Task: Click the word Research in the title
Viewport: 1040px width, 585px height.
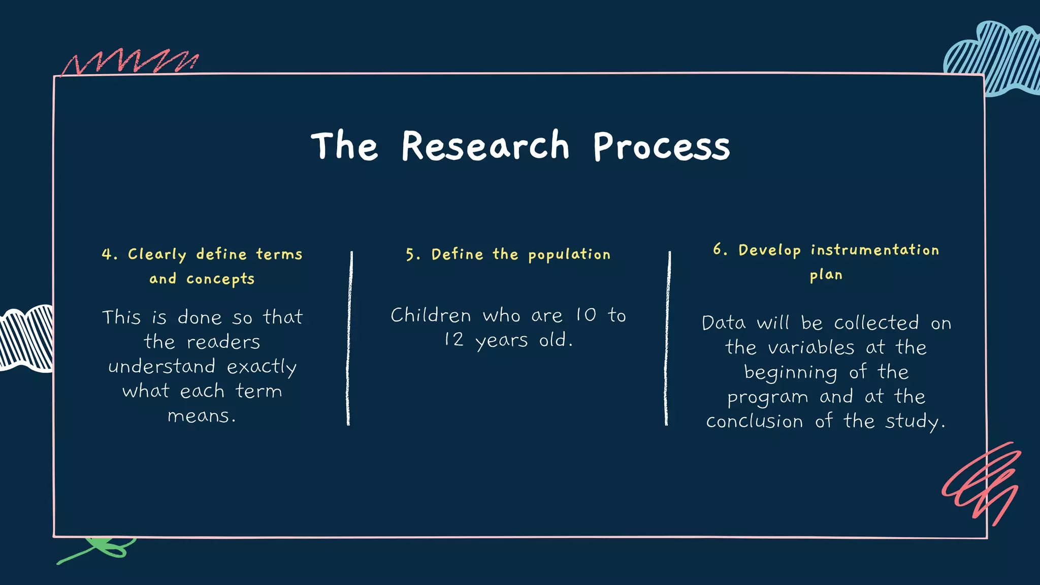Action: pyautogui.click(x=485, y=146)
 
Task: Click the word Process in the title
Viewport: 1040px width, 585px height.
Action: pyautogui.click(x=661, y=147)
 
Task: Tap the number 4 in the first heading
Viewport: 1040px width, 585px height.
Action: pyautogui.click(x=107, y=254)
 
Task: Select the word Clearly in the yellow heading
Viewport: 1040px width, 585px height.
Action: pyautogui.click(x=157, y=254)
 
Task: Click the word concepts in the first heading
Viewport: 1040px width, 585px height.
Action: pyautogui.click(x=220, y=279)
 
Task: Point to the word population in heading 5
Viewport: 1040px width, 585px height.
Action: pyautogui.click(x=569, y=254)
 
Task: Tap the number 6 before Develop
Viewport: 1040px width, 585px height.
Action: pyautogui.click(x=717, y=249)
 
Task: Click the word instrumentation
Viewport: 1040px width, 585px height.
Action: pyautogui.click(x=874, y=250)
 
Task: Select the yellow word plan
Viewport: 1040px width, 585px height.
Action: pyautogui.click(x=826, y=275)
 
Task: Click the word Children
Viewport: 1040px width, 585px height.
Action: pyautogui.click(x=431, y=315)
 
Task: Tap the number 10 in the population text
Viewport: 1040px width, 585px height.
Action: pyautogui.click(x=586, y=315)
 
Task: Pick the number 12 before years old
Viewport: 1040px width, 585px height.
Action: pyautogui.click(x=454, y=340)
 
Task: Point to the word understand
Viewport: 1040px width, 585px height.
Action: pyautogui.click(x=162, y=367)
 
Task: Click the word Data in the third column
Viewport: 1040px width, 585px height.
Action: pyautogui.click(x=724, y=323)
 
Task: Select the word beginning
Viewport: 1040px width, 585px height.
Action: pyautogui.click(x=790, y=372)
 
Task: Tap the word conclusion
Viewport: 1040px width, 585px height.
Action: pyautogui.click(x=754, y=421)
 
